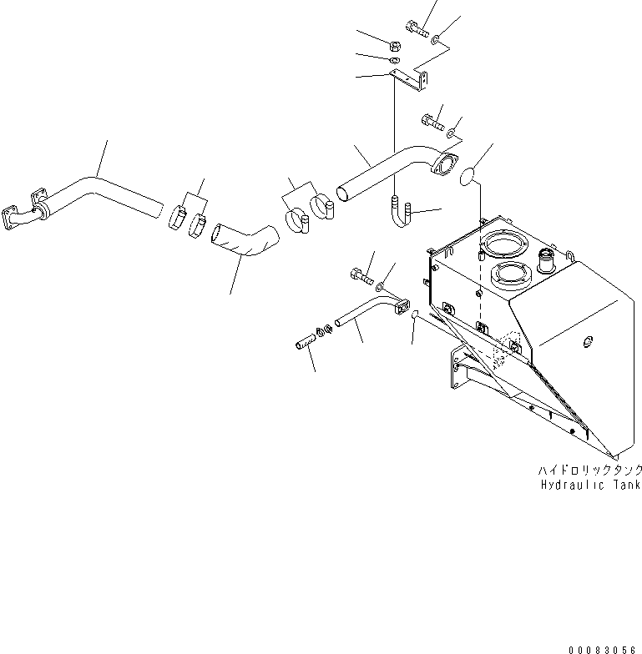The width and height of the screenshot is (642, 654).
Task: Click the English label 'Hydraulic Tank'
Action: click(589, 484)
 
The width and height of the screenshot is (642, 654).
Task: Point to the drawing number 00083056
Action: click(603, 647)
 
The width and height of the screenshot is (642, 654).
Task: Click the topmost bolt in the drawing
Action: click(417, 28)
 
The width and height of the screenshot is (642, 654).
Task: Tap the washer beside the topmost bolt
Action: click(439, 36)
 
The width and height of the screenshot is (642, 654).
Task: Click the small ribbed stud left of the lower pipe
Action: click(306, 341)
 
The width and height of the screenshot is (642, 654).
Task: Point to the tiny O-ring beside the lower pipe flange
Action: click(414, 314)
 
